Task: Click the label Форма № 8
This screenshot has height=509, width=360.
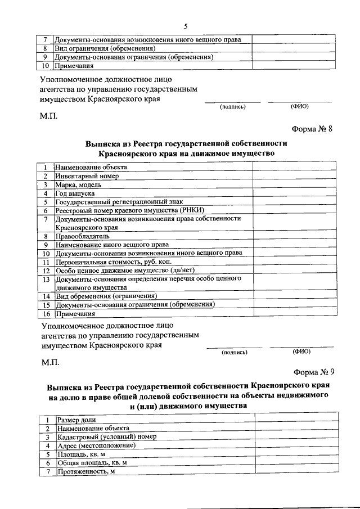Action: coord(314,128)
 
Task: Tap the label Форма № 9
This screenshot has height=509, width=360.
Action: coord(314,372)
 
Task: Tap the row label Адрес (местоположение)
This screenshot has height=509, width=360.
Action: coord(97,445)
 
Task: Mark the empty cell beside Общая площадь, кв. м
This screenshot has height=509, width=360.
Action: coord(298,462)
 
